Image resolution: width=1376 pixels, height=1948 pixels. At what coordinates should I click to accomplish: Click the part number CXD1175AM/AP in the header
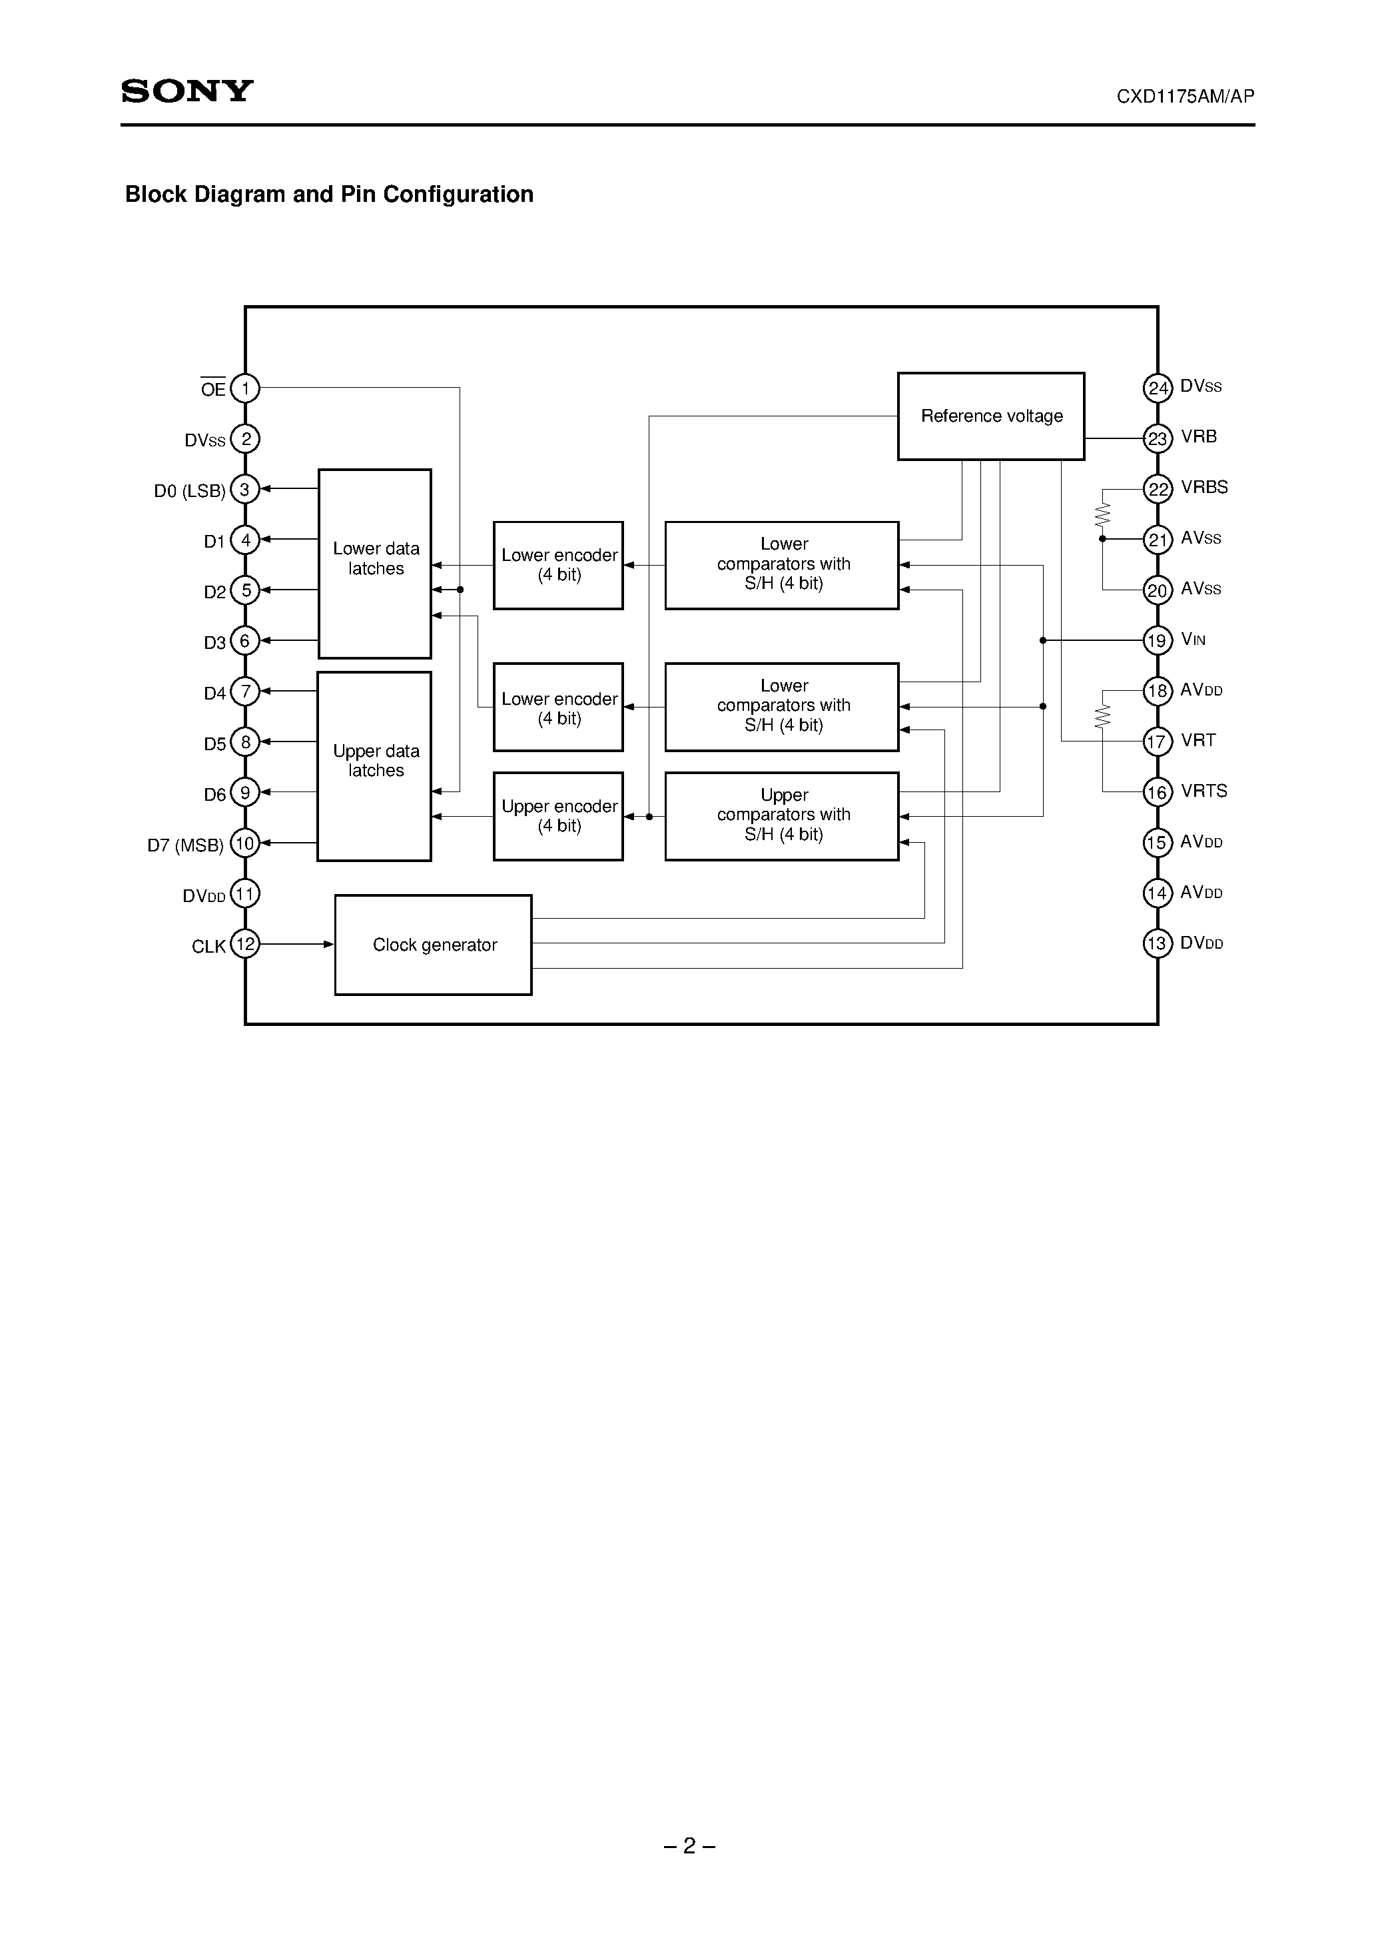pyautogui.click(x=1184, y=97)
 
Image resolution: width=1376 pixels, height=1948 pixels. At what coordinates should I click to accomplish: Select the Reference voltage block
pyautogui.click(x=991, y=416)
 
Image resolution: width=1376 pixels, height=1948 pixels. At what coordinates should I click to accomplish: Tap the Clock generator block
pyautogui.click(x=434, y=944)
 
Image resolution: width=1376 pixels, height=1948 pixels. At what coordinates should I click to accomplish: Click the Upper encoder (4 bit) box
pyautogui.click(x=558, y=816)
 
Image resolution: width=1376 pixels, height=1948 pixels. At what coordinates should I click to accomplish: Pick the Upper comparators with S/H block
pyautogui.click(x=781, y=815)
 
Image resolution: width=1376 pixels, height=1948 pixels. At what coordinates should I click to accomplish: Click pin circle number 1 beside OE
pyautogui.click(x=245, y=388)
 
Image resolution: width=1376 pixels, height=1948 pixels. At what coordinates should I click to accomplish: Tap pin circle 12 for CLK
pyautogui.click(x=245, y=943)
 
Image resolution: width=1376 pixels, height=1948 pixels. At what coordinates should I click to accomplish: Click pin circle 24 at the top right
pyautogui.click(x=1157, y=388)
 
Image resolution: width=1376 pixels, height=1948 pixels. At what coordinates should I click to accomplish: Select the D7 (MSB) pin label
pyautogui.click(x=185, y=845)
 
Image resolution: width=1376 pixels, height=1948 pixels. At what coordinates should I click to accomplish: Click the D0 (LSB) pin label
pyautogui.click(x=189, y=491)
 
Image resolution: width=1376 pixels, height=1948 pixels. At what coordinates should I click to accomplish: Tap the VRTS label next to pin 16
pyautogui.click(x=1204, y=791)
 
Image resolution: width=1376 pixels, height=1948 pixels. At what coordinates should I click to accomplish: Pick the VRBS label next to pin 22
pyautogui.click(x=1204, y=487)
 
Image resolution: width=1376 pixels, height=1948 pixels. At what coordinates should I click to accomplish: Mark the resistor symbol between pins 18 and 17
pyautogui.click(x=1103, y=717)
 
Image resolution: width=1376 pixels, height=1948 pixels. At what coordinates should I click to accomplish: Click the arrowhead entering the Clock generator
pyautogui.click(x=328, y=943)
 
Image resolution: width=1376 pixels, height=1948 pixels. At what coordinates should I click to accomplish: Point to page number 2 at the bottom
pyautogui.click(x=689, y=1845)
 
